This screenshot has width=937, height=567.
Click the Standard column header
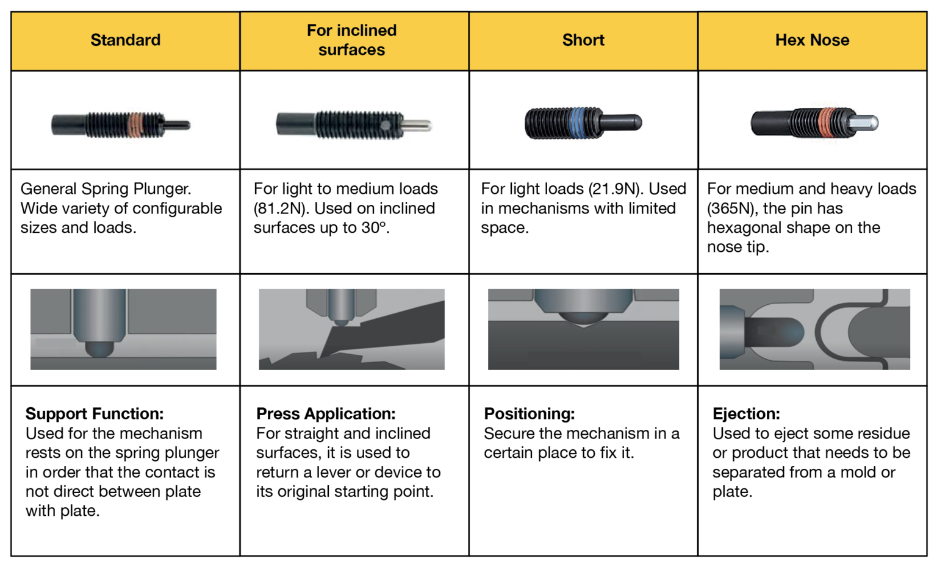126,40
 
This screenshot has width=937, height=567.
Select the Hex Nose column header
813,40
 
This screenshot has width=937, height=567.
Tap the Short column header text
583,40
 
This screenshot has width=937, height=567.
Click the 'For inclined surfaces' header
352,40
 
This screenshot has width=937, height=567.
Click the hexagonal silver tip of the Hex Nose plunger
866,123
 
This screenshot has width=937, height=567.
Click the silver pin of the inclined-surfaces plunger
417,125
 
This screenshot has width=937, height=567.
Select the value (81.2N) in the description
279,209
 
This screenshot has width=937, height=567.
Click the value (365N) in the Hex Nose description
733,209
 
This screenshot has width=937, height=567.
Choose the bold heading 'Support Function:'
95,414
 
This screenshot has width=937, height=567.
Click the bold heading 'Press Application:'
326,414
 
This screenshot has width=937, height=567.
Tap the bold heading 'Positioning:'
529,414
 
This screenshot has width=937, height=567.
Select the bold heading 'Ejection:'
746,414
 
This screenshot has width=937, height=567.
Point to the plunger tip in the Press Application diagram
342,322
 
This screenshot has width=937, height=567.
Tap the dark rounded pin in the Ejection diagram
774,332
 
